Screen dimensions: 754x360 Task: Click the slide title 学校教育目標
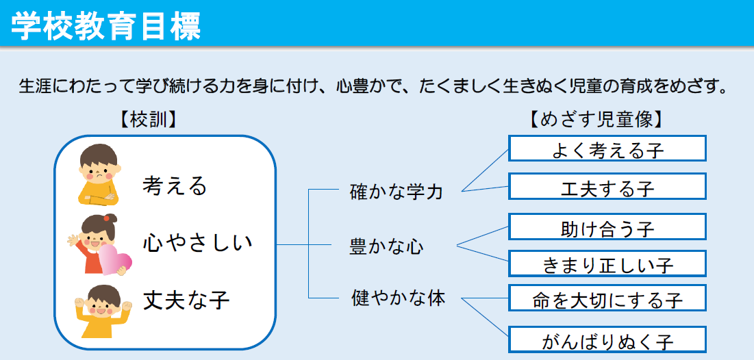(105, 25)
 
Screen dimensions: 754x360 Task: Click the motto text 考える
(174, 185)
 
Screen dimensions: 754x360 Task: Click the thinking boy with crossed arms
(99, 175)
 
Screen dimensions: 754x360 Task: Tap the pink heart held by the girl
(116, 259)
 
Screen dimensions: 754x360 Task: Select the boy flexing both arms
(103, 311)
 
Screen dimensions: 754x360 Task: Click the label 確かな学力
(396, 192)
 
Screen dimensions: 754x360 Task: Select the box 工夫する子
(607, 186)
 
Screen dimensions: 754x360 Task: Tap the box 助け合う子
(607, 227)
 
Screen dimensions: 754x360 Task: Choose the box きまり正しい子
(607, 263)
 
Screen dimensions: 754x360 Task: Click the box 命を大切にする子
(607, 298)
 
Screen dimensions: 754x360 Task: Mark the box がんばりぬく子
(607, 339)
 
